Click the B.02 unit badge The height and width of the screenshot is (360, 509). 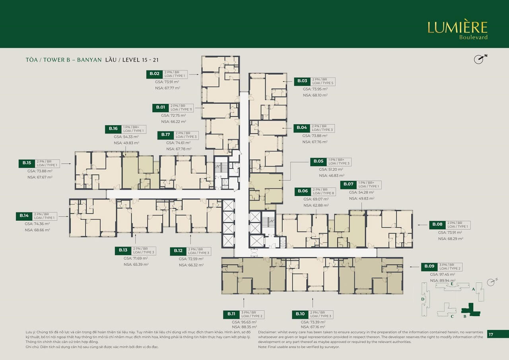(155, 74)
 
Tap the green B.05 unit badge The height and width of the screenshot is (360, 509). (319, 162)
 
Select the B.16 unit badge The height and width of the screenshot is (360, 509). (113, 128)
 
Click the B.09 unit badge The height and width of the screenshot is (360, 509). (429, 266)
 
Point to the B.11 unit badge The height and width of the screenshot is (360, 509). (231, 314)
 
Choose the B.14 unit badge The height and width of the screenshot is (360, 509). (24, 216)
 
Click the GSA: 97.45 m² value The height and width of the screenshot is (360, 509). (442, 274)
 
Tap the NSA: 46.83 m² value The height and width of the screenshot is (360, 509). (332, 175)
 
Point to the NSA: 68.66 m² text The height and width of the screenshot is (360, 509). (37, 230)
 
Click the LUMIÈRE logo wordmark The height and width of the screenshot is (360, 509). (457, 27)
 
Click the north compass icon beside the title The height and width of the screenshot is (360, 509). (480, 59)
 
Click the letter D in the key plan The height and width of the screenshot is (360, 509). (423, 299)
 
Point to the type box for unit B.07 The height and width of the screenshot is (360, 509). (369, 185)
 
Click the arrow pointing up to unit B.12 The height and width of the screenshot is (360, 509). (190, 240)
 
